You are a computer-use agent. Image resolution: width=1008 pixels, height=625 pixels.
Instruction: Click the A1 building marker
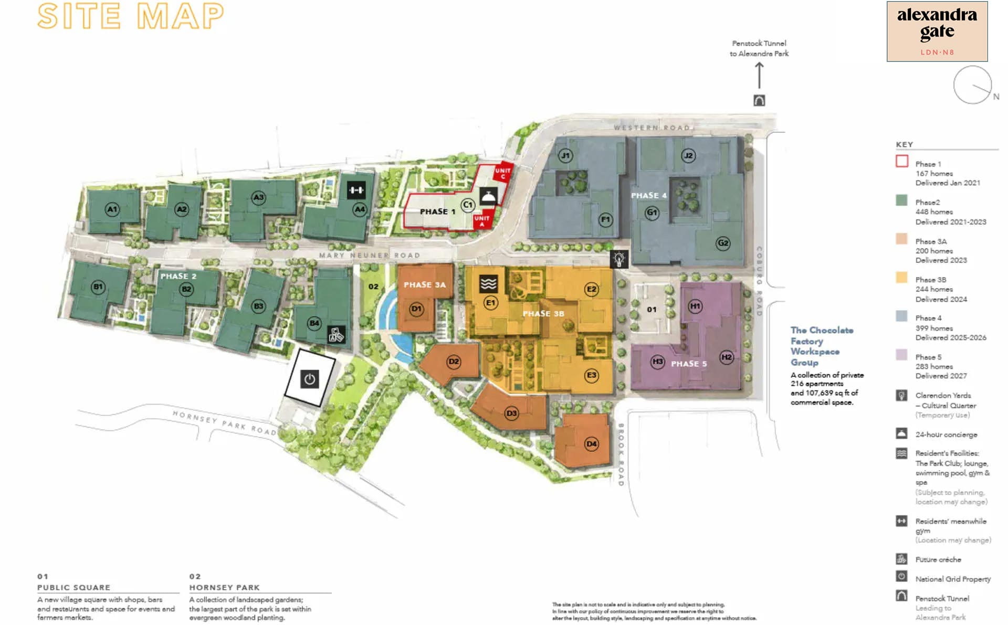click(112, 209)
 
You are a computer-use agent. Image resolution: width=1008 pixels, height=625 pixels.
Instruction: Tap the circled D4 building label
click(592, 444)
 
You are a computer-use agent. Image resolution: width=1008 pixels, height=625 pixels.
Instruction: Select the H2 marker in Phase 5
click(727, 357)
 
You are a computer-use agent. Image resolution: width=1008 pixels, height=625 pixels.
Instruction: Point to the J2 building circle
click(688, 155)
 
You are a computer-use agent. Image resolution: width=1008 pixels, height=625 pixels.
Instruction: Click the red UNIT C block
click(503, 173)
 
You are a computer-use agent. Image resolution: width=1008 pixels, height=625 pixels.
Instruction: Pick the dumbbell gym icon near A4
click(356, 190)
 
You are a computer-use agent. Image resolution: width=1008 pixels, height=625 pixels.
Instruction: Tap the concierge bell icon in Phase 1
click(488, 196)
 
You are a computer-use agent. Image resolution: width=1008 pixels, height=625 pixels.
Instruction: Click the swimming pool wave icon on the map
click(488, 284)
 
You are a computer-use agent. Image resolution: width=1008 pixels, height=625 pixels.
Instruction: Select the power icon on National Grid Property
click(310, 379)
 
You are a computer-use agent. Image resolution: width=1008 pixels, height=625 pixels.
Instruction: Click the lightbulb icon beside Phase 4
click(619, 259)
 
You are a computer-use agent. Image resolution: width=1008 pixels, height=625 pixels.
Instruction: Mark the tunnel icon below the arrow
click(759, 100)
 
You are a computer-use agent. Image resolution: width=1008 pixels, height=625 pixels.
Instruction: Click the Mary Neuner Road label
click(370, 256)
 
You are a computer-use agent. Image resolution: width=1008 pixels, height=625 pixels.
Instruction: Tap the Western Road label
click(652, 128)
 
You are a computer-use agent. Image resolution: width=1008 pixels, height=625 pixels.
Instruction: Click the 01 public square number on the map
click(652, 310)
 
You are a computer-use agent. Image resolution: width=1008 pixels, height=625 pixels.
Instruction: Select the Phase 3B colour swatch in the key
click(901, 278)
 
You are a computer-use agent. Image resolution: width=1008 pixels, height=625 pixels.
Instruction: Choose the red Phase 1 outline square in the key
click(901, 161)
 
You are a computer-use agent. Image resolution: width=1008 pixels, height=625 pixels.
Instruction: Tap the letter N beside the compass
click(996, 97)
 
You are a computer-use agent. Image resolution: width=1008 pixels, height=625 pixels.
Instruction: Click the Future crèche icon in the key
click(901, 559)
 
